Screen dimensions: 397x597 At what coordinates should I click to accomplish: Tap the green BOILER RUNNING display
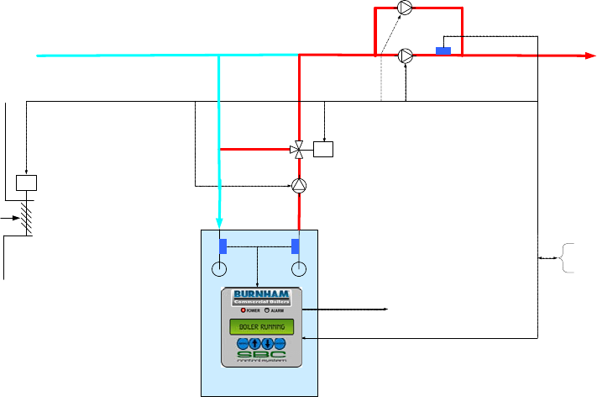[261, 326]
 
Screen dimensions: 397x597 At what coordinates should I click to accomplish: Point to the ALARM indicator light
[268, 310]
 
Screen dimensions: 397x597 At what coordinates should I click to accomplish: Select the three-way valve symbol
[298, 150]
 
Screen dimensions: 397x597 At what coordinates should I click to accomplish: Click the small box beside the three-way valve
[323, 150]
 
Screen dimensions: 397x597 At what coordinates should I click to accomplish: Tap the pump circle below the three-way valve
[300, 184]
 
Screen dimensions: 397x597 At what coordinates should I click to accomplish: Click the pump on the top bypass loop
[406, 8]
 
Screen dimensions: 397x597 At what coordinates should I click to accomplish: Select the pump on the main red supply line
[406, 56]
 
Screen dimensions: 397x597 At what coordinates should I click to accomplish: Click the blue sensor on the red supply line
[443, 52]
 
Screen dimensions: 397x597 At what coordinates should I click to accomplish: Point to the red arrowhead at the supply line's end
[589, 56]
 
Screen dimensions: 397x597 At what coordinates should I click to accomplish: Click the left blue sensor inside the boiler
[223, 246]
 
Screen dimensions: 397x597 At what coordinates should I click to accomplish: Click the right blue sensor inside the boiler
[296, 246]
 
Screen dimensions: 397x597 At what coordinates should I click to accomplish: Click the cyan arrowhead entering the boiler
[219, 223]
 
